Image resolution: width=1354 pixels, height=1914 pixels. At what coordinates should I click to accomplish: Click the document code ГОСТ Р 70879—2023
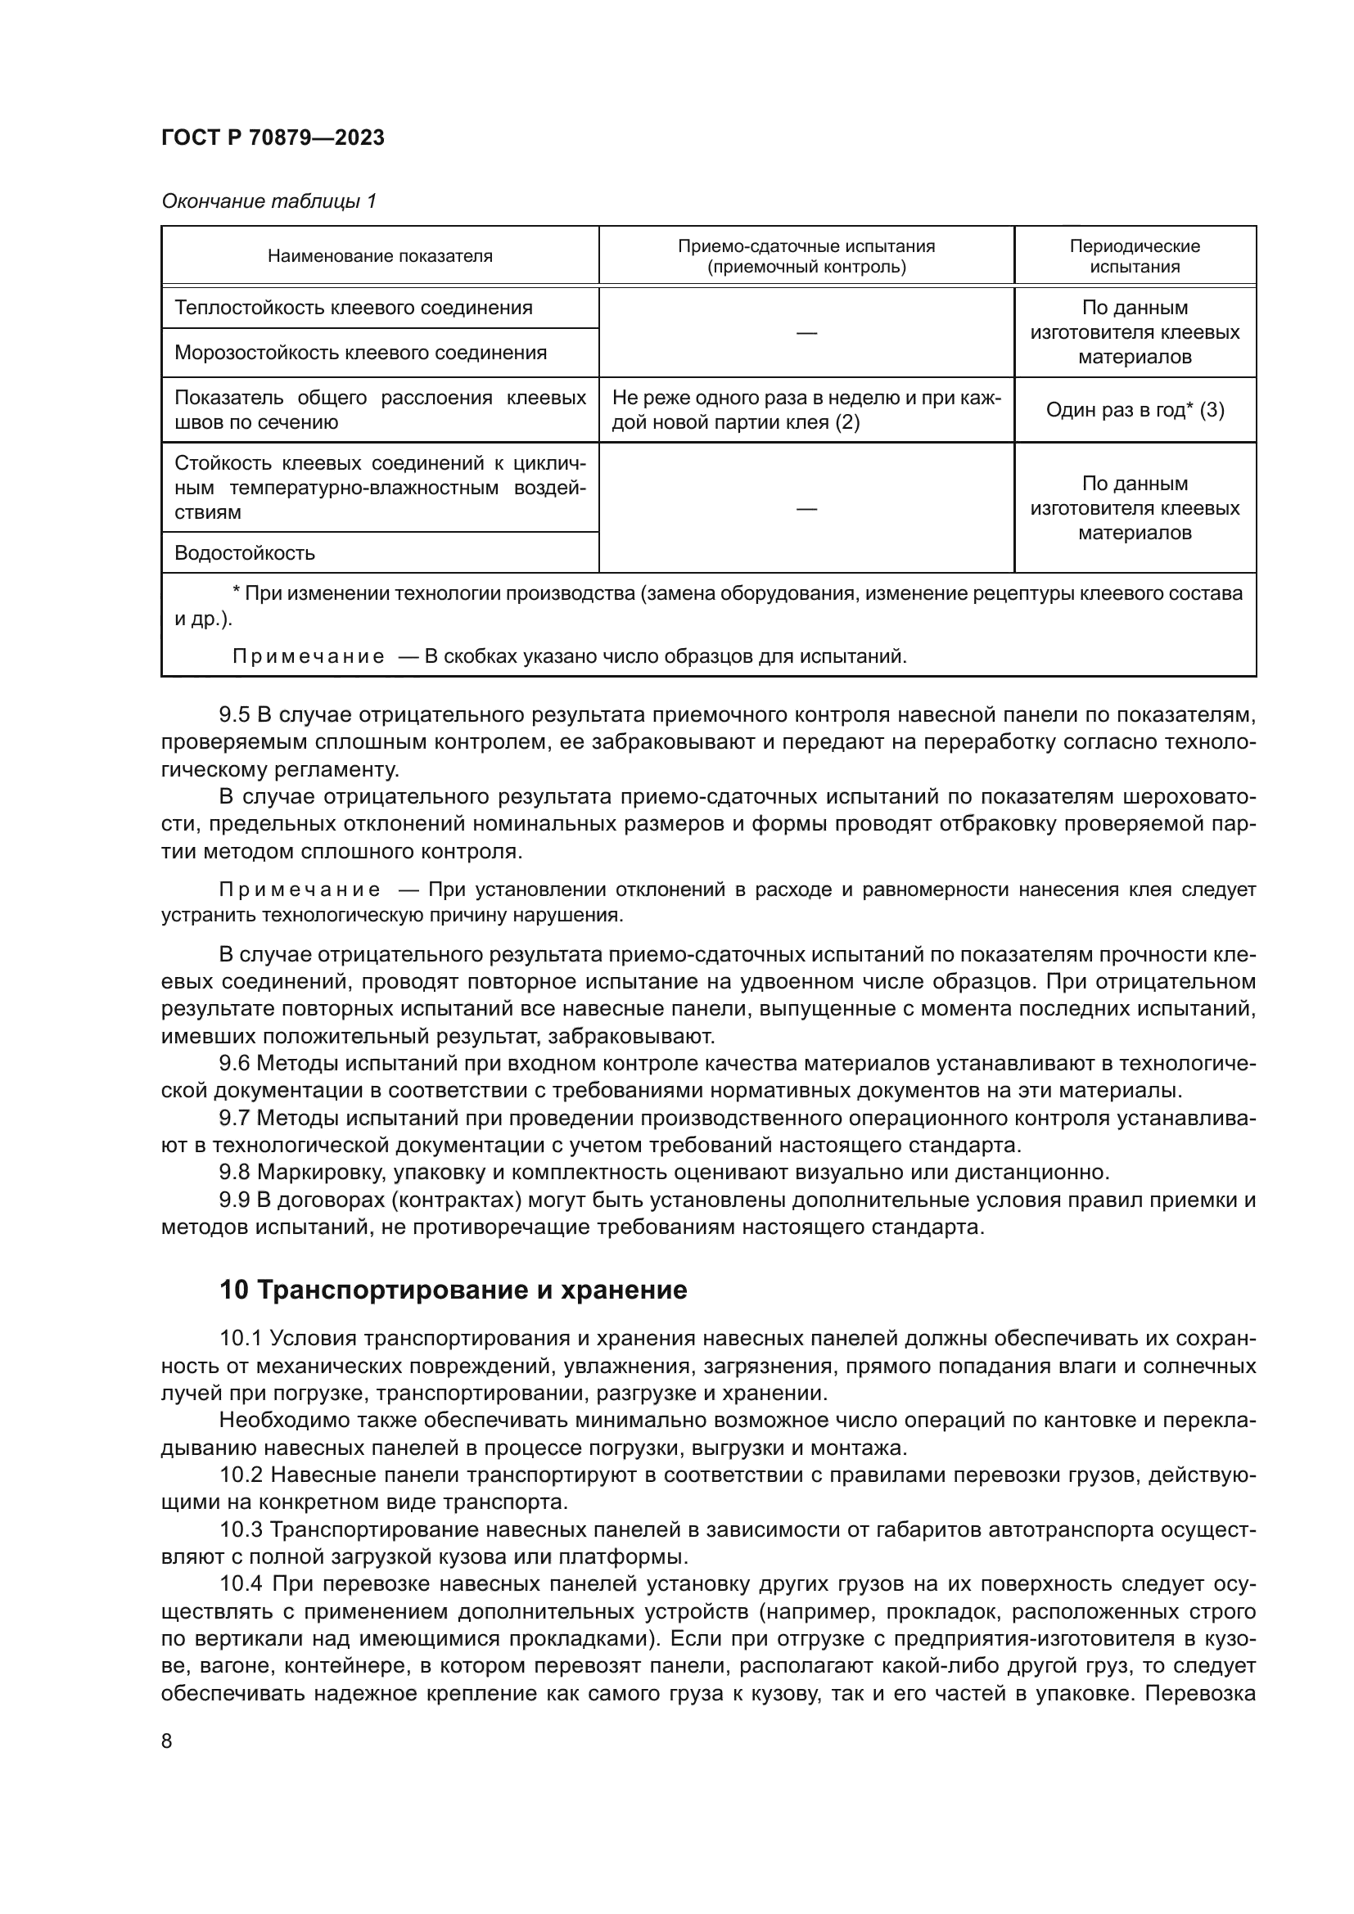click(x=273, y=137)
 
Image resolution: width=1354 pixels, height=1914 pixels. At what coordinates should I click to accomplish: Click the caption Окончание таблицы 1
click(x=269, y=201)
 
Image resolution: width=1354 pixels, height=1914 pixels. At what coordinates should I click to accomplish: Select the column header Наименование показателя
click(x=379, y=256)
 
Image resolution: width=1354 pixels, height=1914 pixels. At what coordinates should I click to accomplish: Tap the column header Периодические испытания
click(x=1134, y=256)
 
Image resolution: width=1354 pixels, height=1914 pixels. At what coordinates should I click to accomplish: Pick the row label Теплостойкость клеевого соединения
click(x=353, y=308)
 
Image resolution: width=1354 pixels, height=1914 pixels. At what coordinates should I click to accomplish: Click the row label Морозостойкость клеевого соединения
click(x=360, y=353)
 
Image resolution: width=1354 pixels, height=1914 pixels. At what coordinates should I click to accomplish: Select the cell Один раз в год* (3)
click(x=1134, y=410)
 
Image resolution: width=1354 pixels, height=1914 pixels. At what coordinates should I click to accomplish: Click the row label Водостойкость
click(x=244, y=552)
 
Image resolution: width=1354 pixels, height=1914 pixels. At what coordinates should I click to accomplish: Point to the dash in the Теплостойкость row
click(x=806, y=332)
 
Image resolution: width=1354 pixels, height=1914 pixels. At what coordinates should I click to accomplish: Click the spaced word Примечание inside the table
click(x=308, y=656)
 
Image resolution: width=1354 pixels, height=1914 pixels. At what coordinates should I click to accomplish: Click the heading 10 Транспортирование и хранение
click(x=453, y=1290)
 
